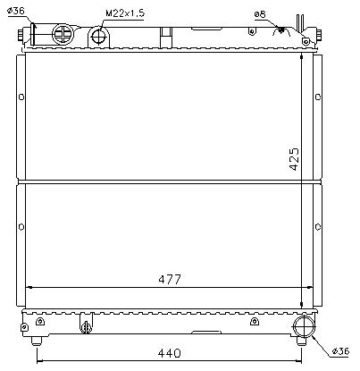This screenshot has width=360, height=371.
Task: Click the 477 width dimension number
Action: [170, 280]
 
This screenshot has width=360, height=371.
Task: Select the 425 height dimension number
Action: [294, 159]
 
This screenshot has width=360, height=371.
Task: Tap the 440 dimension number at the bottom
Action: [170, 353]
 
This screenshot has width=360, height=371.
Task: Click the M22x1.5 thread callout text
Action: [125, 13]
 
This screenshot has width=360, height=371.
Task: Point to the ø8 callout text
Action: [260, 14]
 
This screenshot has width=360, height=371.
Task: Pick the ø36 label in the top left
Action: [15, 11]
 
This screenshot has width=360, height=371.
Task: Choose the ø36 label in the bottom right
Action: [340, 351]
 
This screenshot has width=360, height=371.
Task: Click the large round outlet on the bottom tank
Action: [305, 326]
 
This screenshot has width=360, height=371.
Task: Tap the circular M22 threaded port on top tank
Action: [99, 37]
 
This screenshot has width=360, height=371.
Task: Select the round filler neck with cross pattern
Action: [63, 35]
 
